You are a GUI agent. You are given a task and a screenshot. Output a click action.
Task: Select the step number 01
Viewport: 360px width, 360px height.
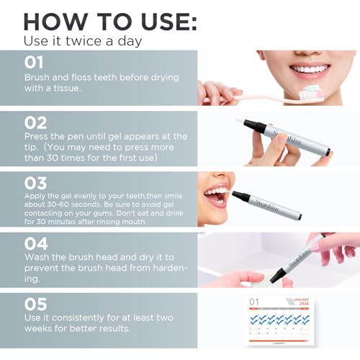pyautogui.click(x=35, y=62)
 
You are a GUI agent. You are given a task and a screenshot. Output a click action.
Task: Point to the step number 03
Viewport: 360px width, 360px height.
pyautogui.click(x=35, y=182)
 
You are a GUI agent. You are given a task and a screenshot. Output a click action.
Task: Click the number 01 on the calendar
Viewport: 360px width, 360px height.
pyautogui.click(x=254, y=302)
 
